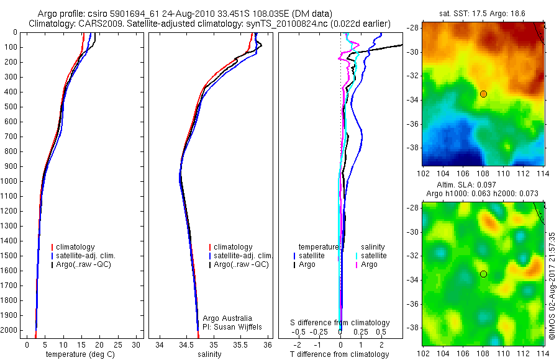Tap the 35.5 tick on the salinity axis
pos(241,344)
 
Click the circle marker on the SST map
pos(483,94)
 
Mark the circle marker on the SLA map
pos(483,274)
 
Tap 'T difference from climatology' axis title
pos(340,354)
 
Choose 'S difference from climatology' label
pos(340,323)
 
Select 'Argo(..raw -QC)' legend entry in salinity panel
pos(241,264)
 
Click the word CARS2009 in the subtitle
pos(98,24)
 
